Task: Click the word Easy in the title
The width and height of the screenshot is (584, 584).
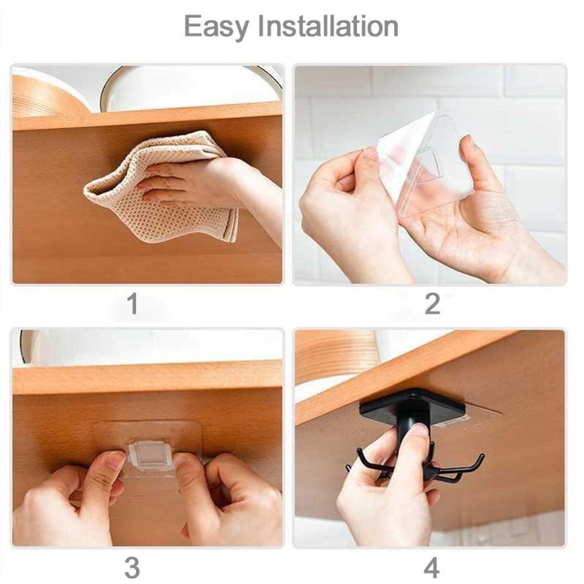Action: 217,27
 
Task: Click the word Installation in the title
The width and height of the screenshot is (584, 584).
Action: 328,27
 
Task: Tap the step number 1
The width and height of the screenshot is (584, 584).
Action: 133,304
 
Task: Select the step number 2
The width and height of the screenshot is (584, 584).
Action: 432,304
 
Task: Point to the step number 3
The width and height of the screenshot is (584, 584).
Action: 133,568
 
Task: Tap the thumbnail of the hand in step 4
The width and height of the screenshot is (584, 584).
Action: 418,430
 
